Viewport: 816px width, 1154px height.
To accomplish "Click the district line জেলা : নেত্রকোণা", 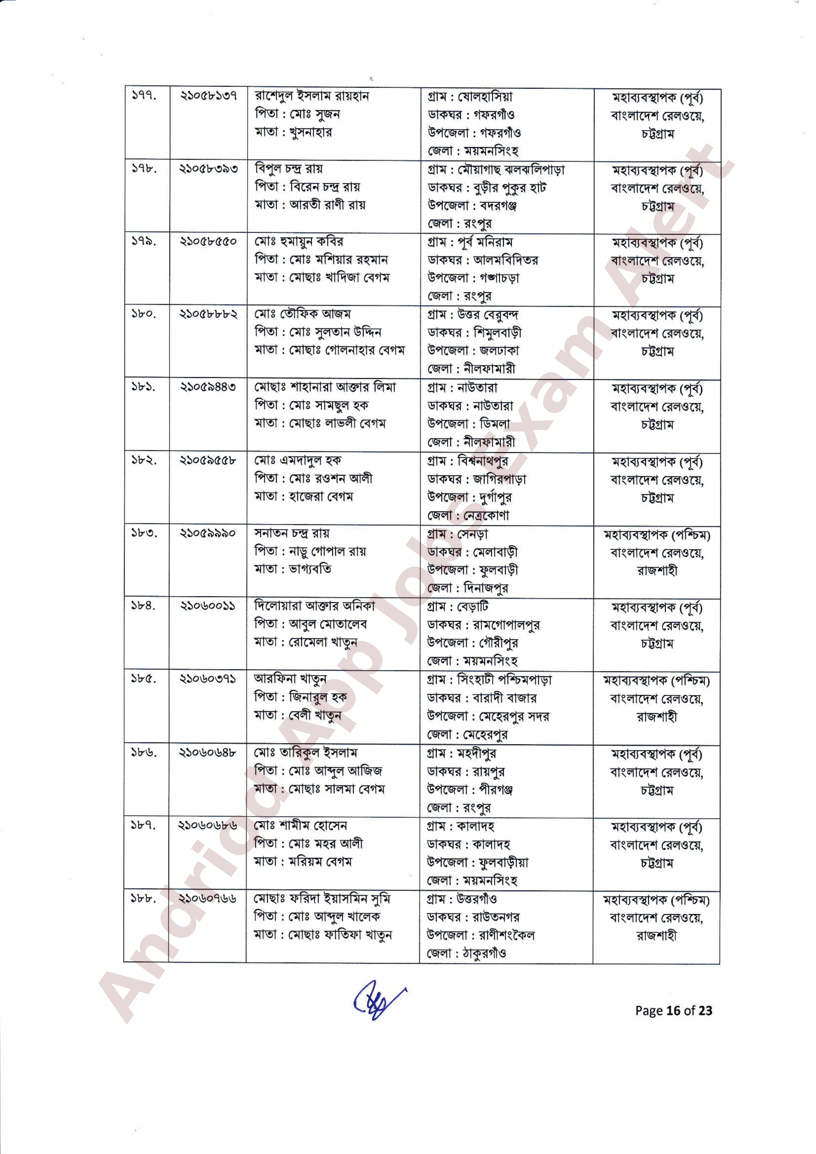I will pos(468,515).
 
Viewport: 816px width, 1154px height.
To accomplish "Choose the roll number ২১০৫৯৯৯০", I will pos(208,533).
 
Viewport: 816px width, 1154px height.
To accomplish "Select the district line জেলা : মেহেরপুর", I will pos(468,734).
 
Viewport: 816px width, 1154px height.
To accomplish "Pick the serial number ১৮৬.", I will pos(144,753).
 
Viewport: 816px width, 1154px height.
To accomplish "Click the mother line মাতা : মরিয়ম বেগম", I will pos(303,862).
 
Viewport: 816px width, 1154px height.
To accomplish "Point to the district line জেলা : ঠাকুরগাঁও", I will pos(467,953).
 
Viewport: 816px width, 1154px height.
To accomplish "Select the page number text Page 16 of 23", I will pos(673,1010).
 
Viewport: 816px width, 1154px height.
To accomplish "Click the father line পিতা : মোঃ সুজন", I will pos(297,114).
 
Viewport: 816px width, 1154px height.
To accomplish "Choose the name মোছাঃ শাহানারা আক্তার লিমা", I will pos(325,387).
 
